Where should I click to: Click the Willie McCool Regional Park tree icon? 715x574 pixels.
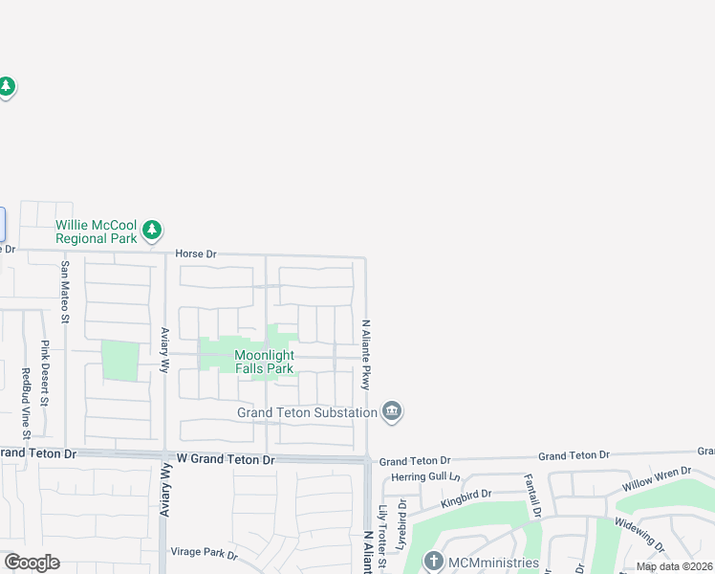152,231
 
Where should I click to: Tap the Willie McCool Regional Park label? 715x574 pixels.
96,232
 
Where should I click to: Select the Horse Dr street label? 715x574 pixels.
197,254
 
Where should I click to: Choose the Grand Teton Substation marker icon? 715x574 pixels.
391,412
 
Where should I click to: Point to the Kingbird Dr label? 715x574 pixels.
466,498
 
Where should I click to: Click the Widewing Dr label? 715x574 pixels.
639,535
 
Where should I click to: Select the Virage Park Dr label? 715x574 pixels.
203,553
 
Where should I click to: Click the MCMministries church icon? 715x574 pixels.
433,562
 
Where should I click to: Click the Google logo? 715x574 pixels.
32,563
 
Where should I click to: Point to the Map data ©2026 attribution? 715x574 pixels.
675,566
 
